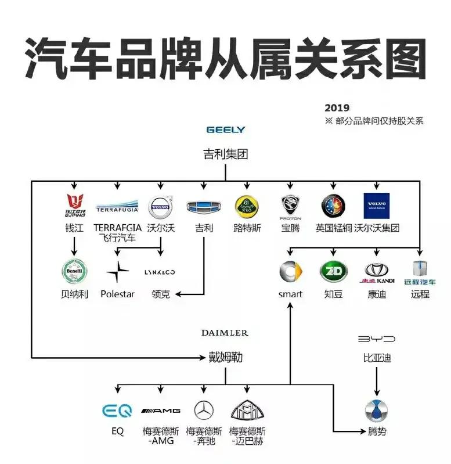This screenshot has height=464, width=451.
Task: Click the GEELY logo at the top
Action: click(x=226, y=130)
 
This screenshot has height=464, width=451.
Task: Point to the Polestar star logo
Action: click(x=117, y=272)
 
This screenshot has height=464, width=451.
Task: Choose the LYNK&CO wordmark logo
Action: click(x=160, y=272)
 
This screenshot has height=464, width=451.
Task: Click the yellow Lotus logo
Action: click(x=247, y=206)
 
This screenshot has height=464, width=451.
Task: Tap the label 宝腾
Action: click(x=290, y=228)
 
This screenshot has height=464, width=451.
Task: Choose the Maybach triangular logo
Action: click(x=247, y=411)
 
